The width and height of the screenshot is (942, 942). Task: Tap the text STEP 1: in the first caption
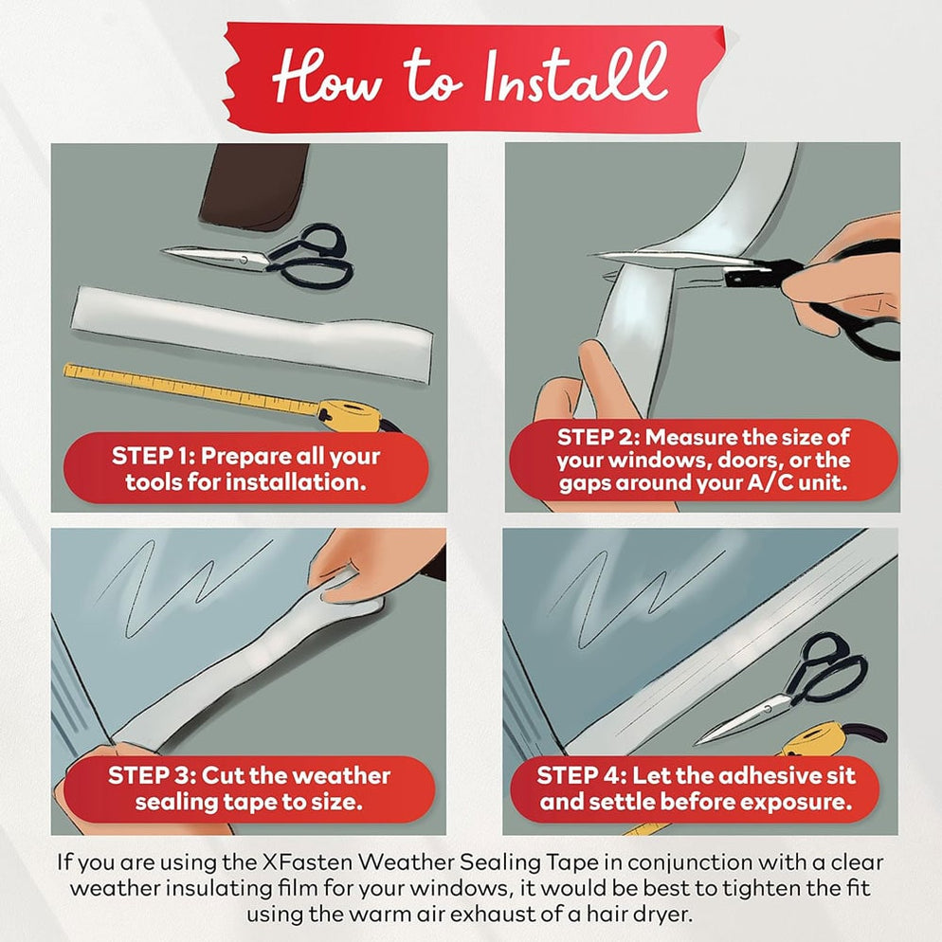tap(154, 456)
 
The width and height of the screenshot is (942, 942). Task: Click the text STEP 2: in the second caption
tap(598, 438)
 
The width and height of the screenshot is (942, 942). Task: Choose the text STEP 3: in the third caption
tap(152, 775)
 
